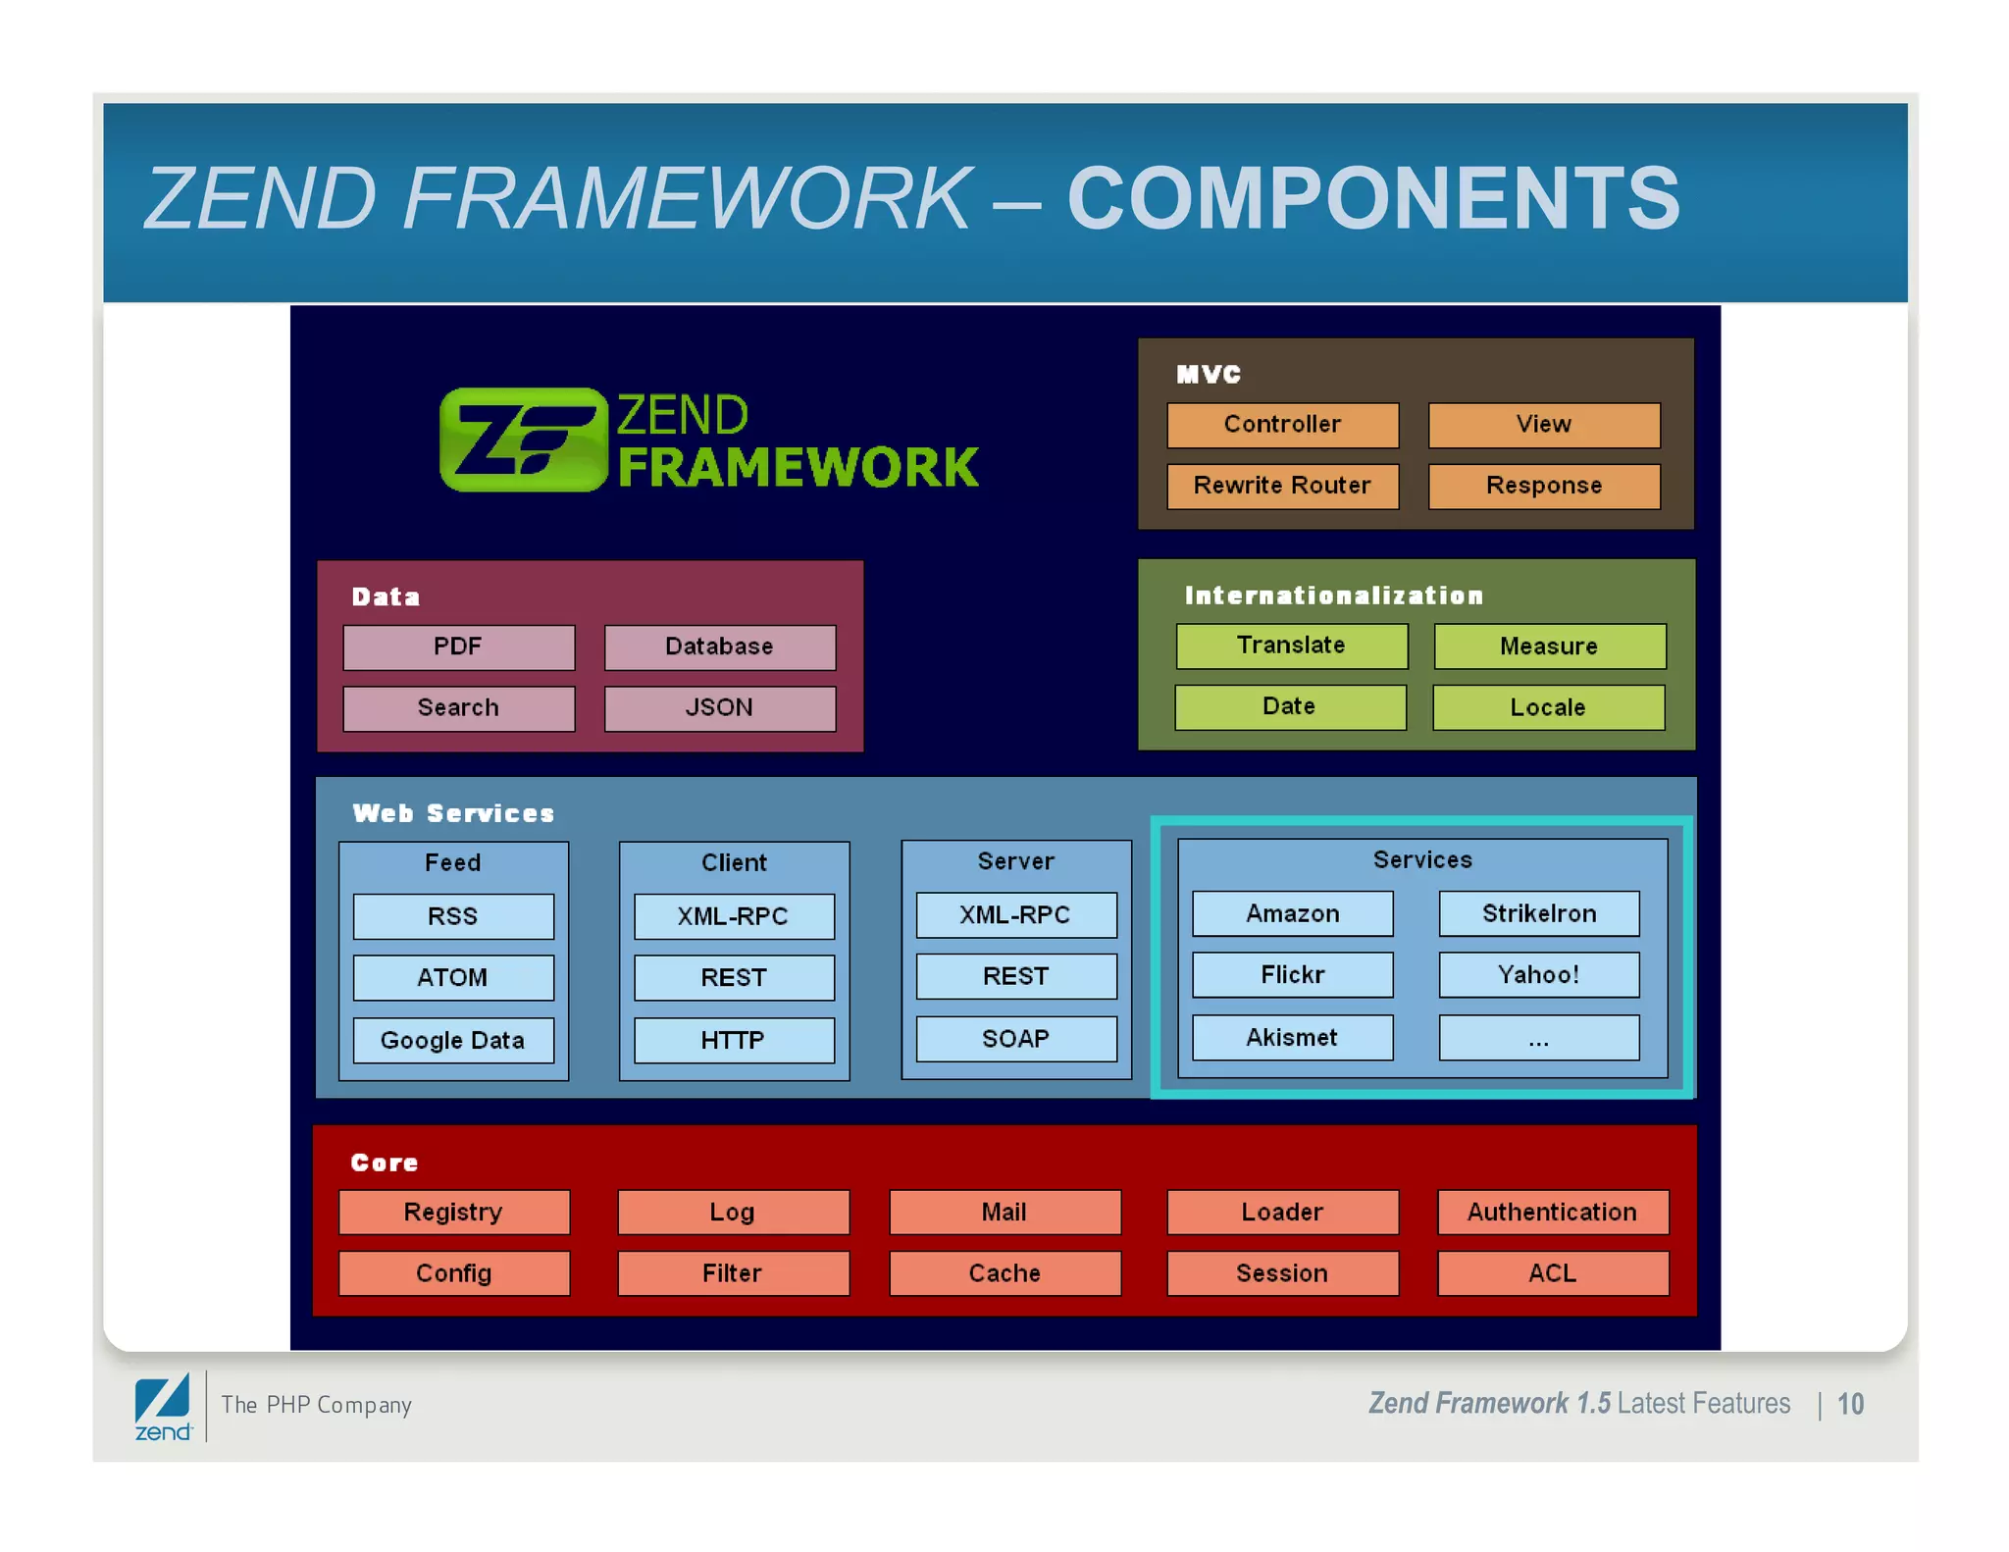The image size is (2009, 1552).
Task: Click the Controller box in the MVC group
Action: pyautogui.click(x=1282, y=424)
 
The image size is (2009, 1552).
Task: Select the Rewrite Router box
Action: pyautogui.click(x=1282, y=486)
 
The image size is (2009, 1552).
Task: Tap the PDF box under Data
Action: pyautogui.click(x=458, y=647)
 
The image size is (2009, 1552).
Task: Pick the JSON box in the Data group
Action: pyautogui.click(x=719, y=707)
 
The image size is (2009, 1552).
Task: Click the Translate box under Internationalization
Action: pyautogui.click(x=1291, y=646)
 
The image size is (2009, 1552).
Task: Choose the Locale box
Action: pyautogui.click(x=1548, y=707)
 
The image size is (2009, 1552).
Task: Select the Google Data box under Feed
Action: pyautogui.click(x=452, y=1040)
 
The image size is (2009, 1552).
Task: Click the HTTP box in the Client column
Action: pyautogui.click(x=733, y=1040)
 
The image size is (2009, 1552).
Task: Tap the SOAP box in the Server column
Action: pyautogui.click(x=1015, y=1039)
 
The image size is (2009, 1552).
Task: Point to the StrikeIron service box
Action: pyautogui.click(x=1538, y=913)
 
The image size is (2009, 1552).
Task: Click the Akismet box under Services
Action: pyautogui.click(x=1292, y=1037)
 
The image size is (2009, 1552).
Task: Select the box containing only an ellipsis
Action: pyautogui.click(x=1538, y=1038)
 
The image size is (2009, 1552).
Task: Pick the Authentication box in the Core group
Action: pyautogui.click(x=1552, y=1212)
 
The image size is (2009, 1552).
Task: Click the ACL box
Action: pyautogui.click(x=1552, y=1273)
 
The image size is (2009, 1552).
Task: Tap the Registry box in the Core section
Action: pyautogui.click(x=453, y=1212)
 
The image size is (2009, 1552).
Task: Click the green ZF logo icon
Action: pyautogui.click(x=523, y=440)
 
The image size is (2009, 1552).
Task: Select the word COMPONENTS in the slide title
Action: pyautogui.click(x=1373, y=199)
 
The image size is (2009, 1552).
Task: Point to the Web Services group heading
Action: pyautogui.click(x=453, y=813)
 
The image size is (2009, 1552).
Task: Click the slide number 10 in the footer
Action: pyautogui.click(x=1850, y=1404)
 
